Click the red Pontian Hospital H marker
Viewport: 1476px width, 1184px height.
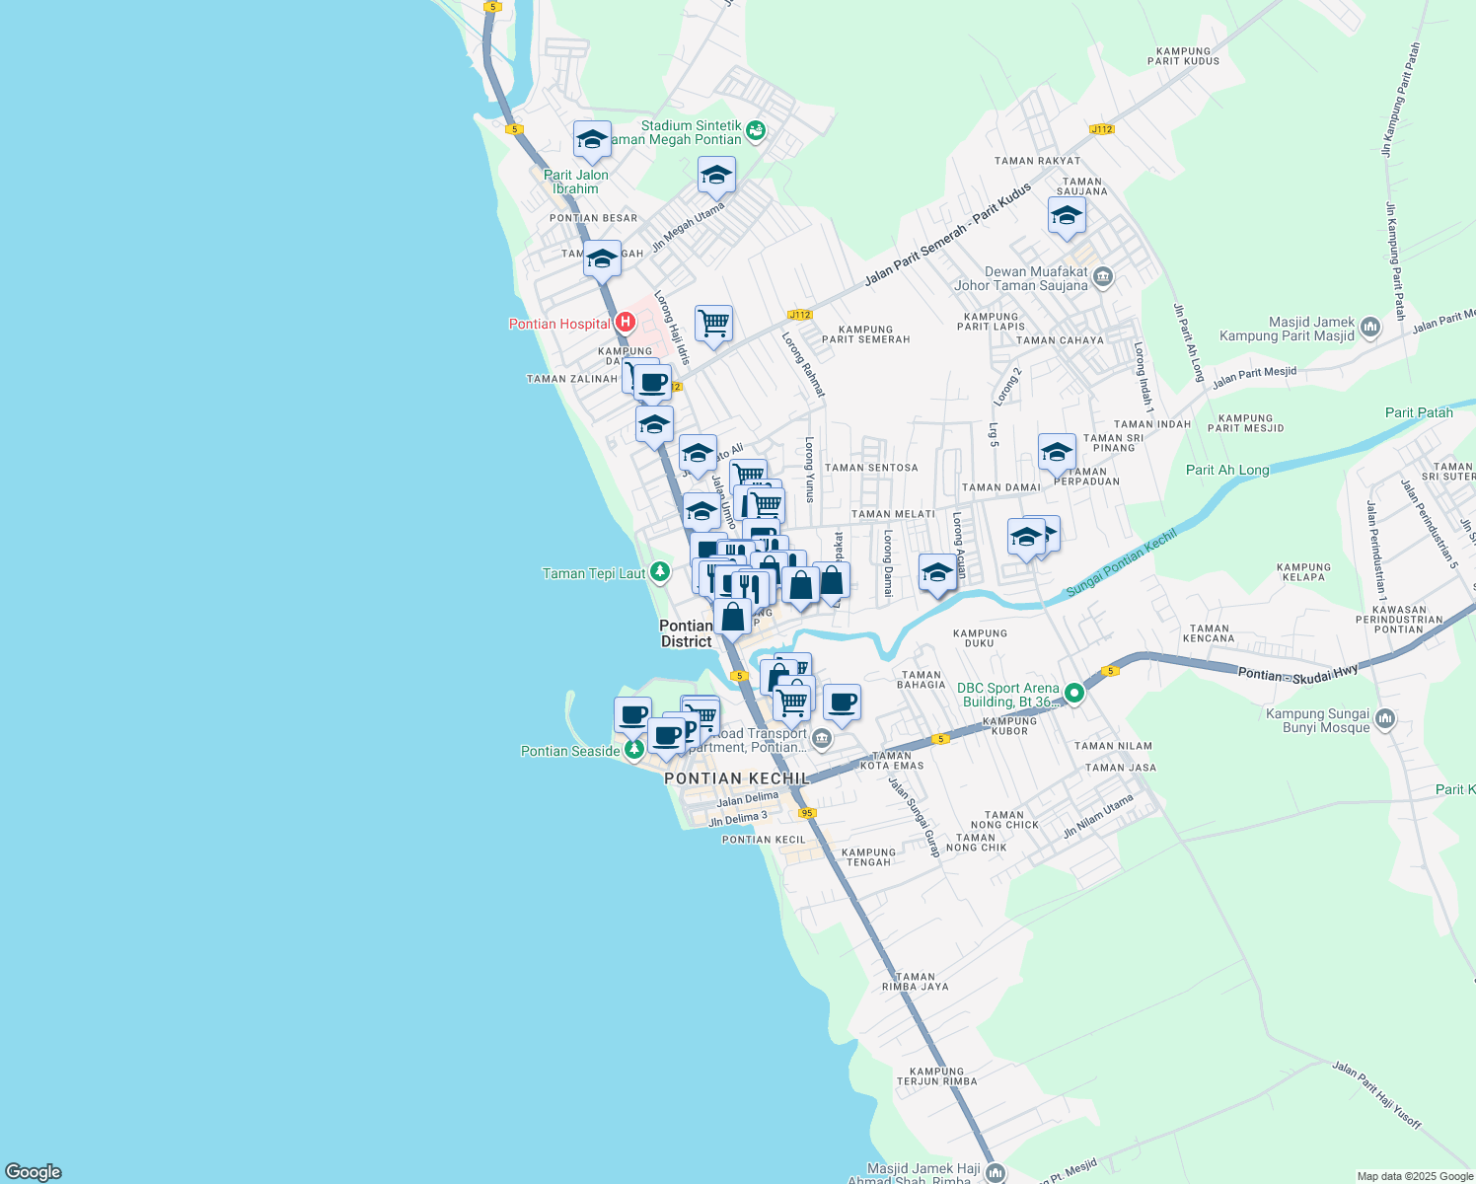[624, 323]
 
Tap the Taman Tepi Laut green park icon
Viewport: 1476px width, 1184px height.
[660, 572]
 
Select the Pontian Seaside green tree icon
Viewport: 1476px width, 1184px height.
[633, 750]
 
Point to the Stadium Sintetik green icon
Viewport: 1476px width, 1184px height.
[756, 131]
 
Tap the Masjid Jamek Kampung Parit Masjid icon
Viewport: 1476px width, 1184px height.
[1369, 328]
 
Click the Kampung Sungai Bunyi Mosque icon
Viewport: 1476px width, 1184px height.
[1385, 719]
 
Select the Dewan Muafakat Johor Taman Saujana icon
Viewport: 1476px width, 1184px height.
[1103, 277]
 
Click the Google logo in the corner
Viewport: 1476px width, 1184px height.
[34, 1172]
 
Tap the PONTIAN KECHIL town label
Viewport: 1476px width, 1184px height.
[737, 778]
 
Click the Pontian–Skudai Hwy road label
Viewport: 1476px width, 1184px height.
[1297, 673]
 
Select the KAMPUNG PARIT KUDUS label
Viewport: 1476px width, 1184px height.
[1183, 56]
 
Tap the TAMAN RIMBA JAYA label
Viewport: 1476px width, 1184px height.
[915, 982]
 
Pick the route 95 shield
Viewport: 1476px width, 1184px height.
[807, 813]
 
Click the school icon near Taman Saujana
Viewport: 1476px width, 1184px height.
[1067, 216]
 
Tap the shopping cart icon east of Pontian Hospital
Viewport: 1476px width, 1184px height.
[713, 323]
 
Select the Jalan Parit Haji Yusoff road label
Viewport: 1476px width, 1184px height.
[1376, 1095]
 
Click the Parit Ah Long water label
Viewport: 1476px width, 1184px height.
[1226, 470]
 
